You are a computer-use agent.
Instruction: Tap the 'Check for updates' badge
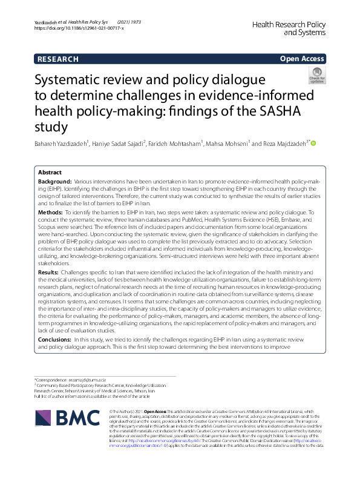coord(316,76)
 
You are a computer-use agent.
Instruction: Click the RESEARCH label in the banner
coord(57,59)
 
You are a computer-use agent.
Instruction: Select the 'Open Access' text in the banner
coord(303,59)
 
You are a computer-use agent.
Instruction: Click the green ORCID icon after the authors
coord(314,144)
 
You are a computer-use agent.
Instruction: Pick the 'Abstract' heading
coord(51,172)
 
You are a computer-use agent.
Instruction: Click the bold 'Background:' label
coord(54,182)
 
